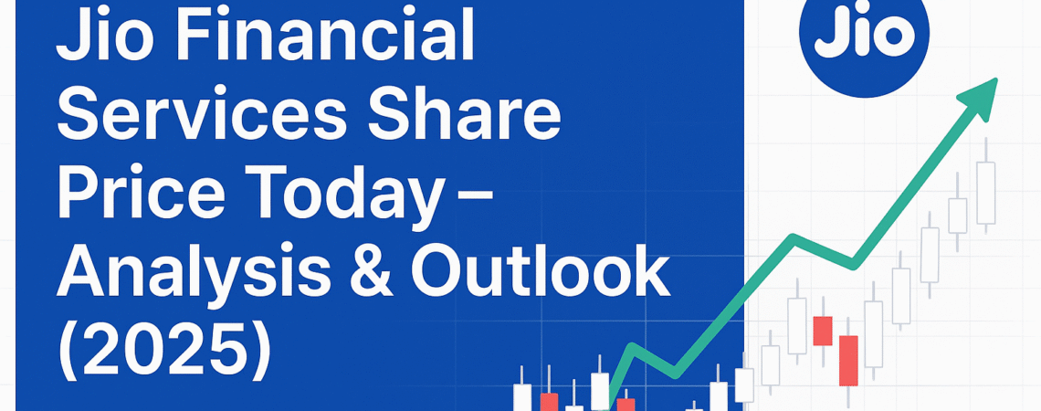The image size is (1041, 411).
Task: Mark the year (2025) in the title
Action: point(164,350)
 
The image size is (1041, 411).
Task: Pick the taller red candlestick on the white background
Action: point(848,360)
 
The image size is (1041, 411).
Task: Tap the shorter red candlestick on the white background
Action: point(823,330)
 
